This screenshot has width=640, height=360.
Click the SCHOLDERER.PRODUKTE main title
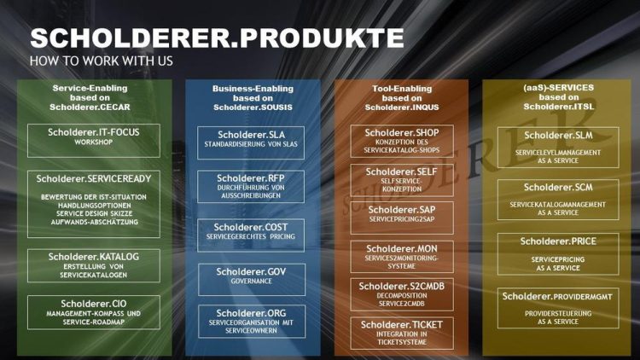click(217, 38)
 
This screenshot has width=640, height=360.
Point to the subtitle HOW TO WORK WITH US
click(102, 61)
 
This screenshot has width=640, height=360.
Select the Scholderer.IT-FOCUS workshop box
click(94, 141)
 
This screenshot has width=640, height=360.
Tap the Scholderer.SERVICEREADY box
click(94, 204)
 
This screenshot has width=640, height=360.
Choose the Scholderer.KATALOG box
click(94, 265)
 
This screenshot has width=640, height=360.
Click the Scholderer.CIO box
click(94, 312)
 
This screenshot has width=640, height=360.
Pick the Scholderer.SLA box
click(251, 142)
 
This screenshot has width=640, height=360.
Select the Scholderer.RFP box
click(251, 187)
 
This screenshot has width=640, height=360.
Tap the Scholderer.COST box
click(251, 235)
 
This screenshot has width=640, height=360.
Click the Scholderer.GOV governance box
click(252, 280)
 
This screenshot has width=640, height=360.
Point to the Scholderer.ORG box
click(252, 322)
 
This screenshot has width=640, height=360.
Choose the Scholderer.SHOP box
click(402, 142)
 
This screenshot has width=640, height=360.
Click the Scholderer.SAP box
click(402, 218)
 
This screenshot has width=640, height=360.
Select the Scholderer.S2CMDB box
click(402, 294)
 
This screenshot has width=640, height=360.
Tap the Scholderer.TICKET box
click(402, 333)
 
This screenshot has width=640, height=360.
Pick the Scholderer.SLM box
click(558, 148)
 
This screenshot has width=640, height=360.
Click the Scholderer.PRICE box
click(558, 254)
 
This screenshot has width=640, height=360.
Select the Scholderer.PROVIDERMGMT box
click(558, 308)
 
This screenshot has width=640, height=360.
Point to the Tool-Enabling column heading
click(402, 98)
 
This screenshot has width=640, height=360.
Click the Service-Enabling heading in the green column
click(90, 97)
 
